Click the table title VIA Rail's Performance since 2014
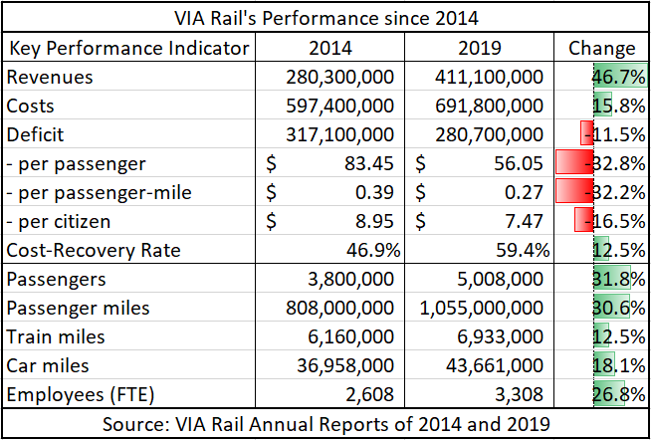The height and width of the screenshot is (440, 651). pyautogui.click(x=325, y=18)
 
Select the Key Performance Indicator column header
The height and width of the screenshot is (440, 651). pyautogui.click(x=128, y=49)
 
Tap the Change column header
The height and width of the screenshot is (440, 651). pyautogui.click(x=601, y=49)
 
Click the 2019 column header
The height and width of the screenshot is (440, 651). pyautogui.click(x=480, y=49)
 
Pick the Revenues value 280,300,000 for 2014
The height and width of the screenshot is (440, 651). pyautogui.click(x=339, y=78)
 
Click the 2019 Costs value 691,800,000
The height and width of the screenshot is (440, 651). pyautogui.click(x=489, y=107)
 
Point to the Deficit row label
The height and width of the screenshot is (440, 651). pyautogui.click(x=35, y=135)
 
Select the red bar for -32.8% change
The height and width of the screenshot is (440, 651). pyautogui.click(x=574, y=162)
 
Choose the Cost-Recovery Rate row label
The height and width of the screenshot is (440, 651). pyautogui.click(x=94, y=250)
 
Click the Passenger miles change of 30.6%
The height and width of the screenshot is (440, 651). pyautogui.click(x=619, y=308)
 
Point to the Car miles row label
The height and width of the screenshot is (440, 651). pyautogui.click(x=48, y=365)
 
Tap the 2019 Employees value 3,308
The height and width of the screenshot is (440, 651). pyautogui.click(x=519, y=395)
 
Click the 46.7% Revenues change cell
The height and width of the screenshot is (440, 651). pyautogui.click(x=619, y=78)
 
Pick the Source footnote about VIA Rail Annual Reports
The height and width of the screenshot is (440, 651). pyautogui.click(x=325, y=424)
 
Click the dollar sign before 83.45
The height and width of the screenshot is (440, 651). pyautogui.click(x=271, y=164)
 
